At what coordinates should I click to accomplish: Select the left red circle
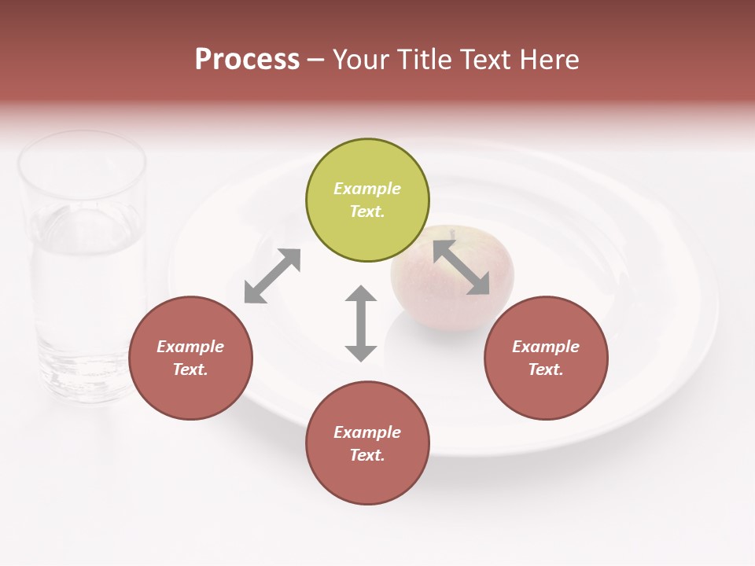190,358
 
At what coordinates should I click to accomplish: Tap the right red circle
546,358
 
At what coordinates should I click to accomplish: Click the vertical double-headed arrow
361,323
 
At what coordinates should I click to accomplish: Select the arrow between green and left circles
272,276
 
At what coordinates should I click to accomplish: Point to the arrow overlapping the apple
462,267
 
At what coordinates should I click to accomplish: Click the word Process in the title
247,60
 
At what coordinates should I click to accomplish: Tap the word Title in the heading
427,60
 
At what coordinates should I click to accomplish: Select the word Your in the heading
362,60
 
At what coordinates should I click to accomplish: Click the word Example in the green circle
367,189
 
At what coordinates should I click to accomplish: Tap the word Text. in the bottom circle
367,455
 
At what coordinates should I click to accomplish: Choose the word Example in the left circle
190,347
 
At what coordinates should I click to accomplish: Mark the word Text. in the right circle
546,369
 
